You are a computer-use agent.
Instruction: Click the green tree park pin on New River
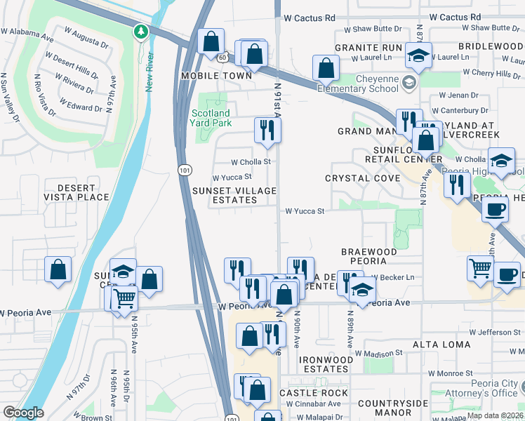click(141, 32)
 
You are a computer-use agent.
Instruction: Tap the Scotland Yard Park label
click(210, 117)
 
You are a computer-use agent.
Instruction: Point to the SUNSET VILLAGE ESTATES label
click(234, 195)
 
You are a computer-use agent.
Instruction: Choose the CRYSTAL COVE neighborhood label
click(362, 178)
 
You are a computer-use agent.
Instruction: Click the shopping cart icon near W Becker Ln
click(480, 268)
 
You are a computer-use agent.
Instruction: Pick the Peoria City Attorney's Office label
click(485, 389)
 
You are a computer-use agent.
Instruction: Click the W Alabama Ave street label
click(27, 32)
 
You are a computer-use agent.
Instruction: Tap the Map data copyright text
click(494, 415)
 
